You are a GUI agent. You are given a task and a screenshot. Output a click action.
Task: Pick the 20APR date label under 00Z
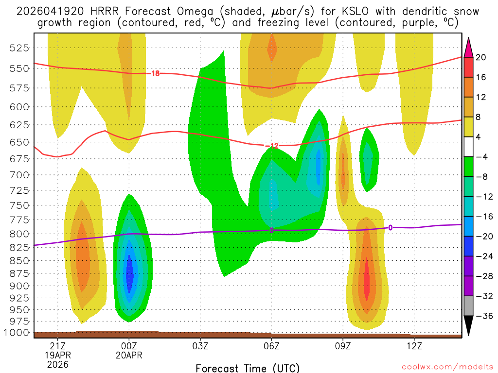click(x=129, y=355)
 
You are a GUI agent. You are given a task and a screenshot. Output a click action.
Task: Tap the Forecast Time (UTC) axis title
click(x=248, y=368)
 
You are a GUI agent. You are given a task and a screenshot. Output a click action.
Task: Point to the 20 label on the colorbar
click(x=481, y=57)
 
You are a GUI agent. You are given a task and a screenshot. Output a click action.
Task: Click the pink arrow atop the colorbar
click(x=469, y=47)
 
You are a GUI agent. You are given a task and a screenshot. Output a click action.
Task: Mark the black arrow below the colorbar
click(x=469, y=325)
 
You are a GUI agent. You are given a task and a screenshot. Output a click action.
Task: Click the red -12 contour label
click(x=271, y=146)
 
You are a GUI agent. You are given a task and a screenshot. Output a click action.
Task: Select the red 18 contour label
click(x=155, y=73)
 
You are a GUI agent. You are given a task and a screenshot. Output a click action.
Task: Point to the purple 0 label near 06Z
click(x=271, y=230)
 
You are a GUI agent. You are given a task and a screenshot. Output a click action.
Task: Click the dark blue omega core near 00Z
click(x=129, y=274)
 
